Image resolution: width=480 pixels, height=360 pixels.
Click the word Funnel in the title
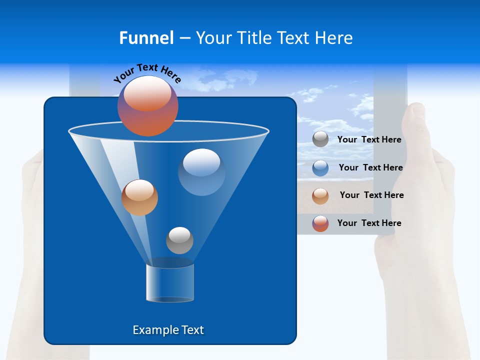point(146,38)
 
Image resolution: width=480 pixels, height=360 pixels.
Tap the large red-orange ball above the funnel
point(148,106)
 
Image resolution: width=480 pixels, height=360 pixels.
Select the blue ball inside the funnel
point(201,172)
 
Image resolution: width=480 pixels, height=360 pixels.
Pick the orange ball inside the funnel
point(139,197)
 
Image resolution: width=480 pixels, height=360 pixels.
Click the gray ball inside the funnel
point(179,240)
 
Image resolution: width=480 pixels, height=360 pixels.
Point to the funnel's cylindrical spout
point(170,283)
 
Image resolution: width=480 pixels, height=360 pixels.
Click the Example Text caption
point(168,330)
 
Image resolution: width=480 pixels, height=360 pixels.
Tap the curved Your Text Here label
point(147,73)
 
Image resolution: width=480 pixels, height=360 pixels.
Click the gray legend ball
point(320,139)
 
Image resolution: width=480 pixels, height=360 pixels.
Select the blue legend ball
point(320,167)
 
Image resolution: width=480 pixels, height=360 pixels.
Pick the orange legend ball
point(320,195)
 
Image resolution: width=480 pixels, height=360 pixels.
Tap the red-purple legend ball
point(320,223)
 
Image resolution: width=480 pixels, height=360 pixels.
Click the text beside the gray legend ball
point(369,139)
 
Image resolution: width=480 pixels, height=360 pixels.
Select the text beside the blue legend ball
point(370,167)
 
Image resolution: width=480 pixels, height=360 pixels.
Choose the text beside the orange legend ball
point(371,195)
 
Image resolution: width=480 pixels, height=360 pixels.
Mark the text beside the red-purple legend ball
point(369,223)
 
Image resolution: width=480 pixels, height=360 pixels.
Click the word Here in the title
point(334,38)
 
